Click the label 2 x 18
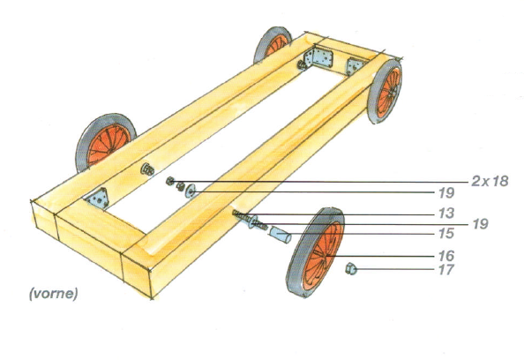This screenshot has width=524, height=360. tap(490, 181)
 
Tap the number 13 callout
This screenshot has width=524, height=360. tap(446, 213)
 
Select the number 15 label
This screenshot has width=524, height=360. tap(446, 233)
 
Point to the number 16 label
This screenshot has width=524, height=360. tap(446, 256)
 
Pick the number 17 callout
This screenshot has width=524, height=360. tap(446, 269)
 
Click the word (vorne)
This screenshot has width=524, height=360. tap(54, 294)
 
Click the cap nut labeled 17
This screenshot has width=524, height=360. tap(351, 269)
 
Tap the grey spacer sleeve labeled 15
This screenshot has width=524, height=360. tap(280, 235)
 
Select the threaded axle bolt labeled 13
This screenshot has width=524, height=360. tap(250, 221)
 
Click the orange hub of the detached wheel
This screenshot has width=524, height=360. tap(323, 256)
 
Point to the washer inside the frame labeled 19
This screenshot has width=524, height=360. tap(191, 191)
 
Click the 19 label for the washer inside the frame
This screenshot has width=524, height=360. tap(446, 193)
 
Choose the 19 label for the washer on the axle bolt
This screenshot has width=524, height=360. tap(481, 224)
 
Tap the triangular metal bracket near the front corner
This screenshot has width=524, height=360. tap(98, 199)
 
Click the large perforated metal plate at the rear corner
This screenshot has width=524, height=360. tap(318, 58)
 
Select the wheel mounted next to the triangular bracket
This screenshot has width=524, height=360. tap(106, 142)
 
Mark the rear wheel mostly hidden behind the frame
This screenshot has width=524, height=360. tap(273, 44)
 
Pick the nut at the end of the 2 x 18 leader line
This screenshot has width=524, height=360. tap(169, 181)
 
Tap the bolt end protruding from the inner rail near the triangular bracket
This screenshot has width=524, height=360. tap(146, 169)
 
